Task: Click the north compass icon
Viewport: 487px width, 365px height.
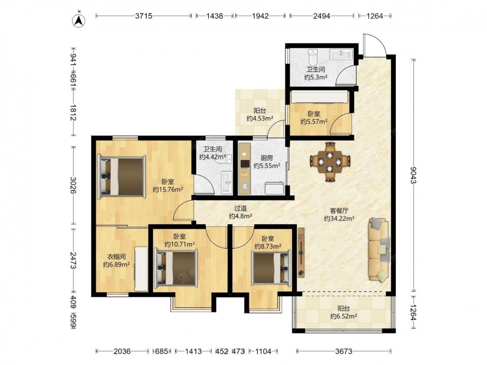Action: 79,19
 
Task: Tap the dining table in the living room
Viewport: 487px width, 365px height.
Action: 330,162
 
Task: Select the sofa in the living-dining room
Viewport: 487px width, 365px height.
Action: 378,250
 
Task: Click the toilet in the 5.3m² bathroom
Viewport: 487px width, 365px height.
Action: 312,56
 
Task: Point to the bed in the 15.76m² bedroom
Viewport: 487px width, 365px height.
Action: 122,176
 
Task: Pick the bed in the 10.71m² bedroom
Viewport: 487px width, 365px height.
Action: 176,268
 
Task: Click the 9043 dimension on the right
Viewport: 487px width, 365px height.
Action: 413,175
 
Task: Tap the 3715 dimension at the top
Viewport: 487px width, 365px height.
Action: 144,16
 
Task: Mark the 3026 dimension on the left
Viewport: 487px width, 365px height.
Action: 74,185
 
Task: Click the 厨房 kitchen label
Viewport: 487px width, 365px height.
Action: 267,158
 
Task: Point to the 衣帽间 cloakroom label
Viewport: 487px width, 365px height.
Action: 116,256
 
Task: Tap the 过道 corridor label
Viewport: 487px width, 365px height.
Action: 240,208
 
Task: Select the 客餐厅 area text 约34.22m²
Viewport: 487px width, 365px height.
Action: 339,219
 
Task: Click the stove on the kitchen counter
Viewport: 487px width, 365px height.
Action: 245,163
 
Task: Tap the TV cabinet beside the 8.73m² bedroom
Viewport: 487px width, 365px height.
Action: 301,252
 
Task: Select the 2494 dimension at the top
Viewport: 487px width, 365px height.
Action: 321,16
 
